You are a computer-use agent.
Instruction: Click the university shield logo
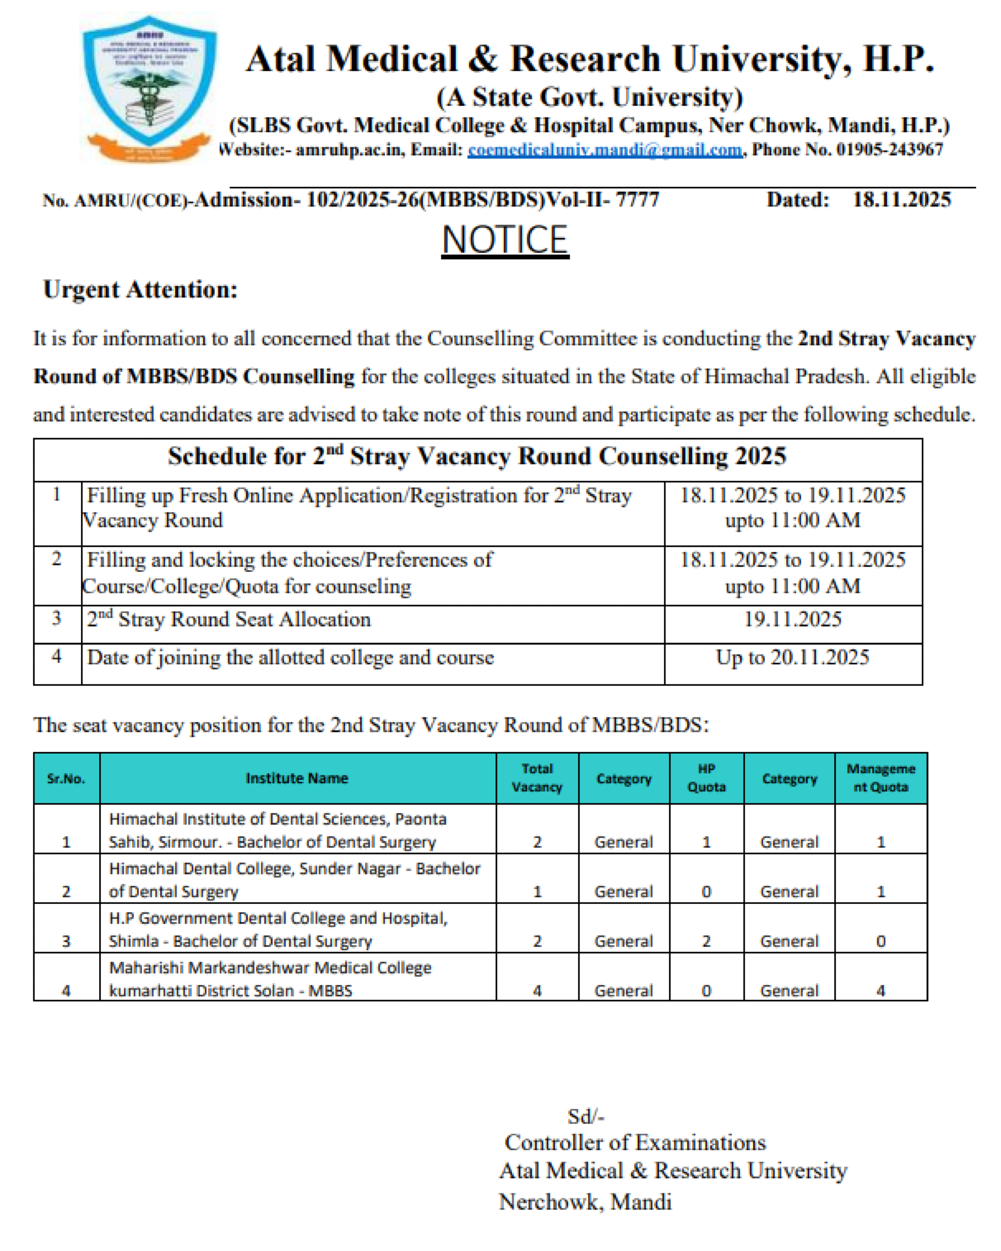(x=149, y=87)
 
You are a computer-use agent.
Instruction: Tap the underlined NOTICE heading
(x=505, y=240)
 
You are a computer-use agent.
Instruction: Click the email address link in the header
(x=604, y=150)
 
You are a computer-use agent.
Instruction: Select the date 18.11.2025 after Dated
(x=901, y=200)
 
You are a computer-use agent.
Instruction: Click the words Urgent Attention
(x=141, y=289)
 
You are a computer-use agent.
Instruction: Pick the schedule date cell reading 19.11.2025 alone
(x=792, y=619)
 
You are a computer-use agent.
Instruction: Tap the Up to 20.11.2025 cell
(x=792, y=658)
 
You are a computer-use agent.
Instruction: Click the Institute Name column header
(x=297, y=778)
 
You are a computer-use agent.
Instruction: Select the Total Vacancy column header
(x=537, y=778)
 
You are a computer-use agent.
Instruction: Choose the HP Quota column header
(x=706, y=778)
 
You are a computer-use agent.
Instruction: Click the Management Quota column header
(x=880, y=778)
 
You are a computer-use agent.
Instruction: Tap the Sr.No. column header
(x=66, y=778)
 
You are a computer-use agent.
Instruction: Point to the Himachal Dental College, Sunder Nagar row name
(x=295, y=880)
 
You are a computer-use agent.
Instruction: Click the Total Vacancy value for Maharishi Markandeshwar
(x=537, y=990)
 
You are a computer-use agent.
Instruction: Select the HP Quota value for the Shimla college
(x=706, y=940)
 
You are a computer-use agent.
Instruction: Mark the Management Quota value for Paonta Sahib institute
(x=880, y=842)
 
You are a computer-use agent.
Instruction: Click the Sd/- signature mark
(x=586, y=1116)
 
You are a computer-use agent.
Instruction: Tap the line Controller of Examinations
(x=635, y=1142)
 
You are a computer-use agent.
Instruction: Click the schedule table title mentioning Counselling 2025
(x=477, y=456)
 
